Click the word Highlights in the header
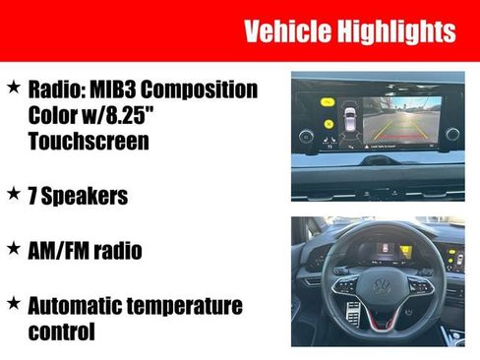tap(398, 31)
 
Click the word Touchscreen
tap(88, 142)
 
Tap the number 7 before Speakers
tap(34, 197)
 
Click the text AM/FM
tap(58, 251)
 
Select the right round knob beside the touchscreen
tap(452, 135)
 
